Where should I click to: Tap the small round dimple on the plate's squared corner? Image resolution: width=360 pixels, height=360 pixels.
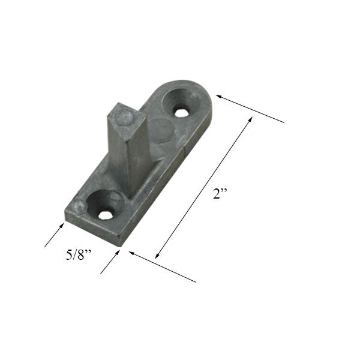[x=77, y=207]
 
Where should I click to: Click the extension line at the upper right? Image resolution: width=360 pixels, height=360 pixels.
[x=252, y=110]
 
